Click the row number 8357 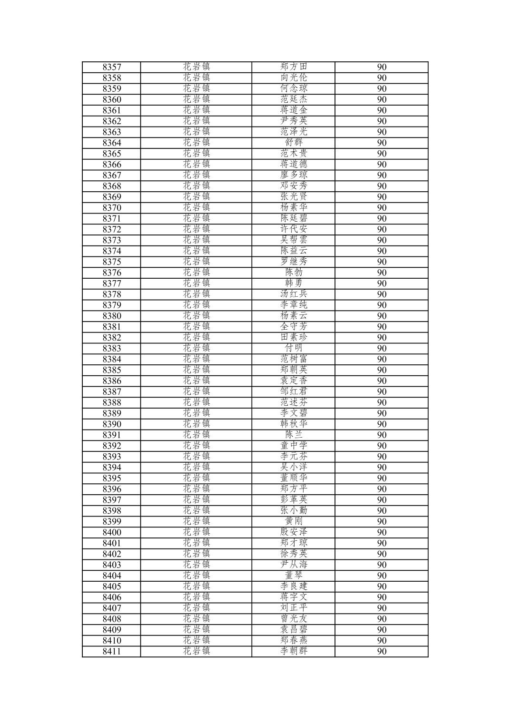pos(112,67)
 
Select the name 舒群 pos(294,143)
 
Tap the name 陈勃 pos(294,273)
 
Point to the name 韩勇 pos(294,283)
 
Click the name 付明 pos(294,348)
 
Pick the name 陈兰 pos(294,435)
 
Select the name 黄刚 pos(294,521)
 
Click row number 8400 pos(112,532)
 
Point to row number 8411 pos(112,651)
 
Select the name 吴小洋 pos(294,467)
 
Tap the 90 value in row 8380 pos(382,316)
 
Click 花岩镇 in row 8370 pos(196,208)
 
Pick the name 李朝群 pos(294,651)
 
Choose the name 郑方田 pos(294,67)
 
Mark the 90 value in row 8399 pos(382,521)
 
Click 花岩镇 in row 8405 pos(196,586)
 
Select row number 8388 pos(112,402)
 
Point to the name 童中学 pos(294,446)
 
